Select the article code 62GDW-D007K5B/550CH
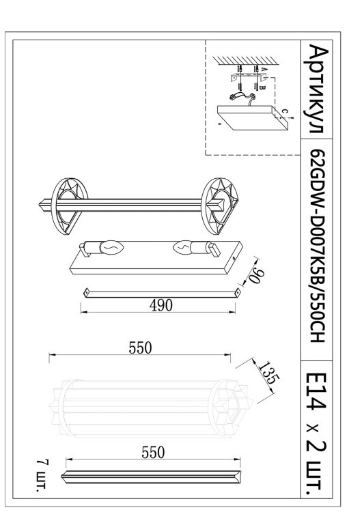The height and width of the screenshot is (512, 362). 318,246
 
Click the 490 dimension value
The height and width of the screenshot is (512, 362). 161,304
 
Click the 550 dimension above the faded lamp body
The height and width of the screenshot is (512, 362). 141,347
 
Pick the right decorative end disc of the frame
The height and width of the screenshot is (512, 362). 219,203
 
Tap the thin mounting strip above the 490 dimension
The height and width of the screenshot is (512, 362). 161,291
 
